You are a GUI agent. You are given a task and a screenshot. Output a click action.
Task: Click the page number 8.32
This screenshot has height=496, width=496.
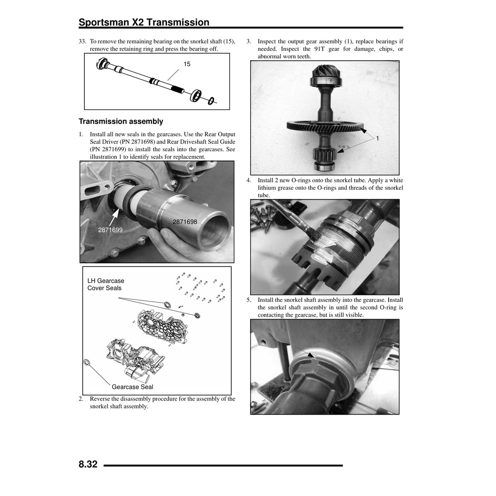point(88,464)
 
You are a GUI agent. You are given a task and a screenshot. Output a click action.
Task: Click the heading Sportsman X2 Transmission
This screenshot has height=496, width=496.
point(144,22)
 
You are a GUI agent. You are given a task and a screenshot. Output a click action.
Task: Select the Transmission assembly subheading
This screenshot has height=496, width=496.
point(121,122)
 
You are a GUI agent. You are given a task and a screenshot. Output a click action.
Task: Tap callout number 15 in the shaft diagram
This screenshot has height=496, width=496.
point(187,64)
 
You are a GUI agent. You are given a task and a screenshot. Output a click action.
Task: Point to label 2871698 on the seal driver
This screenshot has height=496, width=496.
point(185,222)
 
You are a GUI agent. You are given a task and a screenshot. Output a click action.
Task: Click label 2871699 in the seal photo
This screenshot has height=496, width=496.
point(110,230)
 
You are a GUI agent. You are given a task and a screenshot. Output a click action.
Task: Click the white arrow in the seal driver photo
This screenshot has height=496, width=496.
point(115,217)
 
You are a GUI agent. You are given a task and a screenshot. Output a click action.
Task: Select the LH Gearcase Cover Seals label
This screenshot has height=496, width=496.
point(105,284)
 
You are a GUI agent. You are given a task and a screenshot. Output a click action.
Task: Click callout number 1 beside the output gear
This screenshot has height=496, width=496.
point(377,138)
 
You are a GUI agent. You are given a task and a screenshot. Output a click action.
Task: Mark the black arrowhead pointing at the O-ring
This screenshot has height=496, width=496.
point(312,355)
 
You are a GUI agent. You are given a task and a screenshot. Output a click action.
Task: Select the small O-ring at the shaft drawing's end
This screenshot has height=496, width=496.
point(211,101)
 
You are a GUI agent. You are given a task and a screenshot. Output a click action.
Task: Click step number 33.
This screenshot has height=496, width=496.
point(82,41)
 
